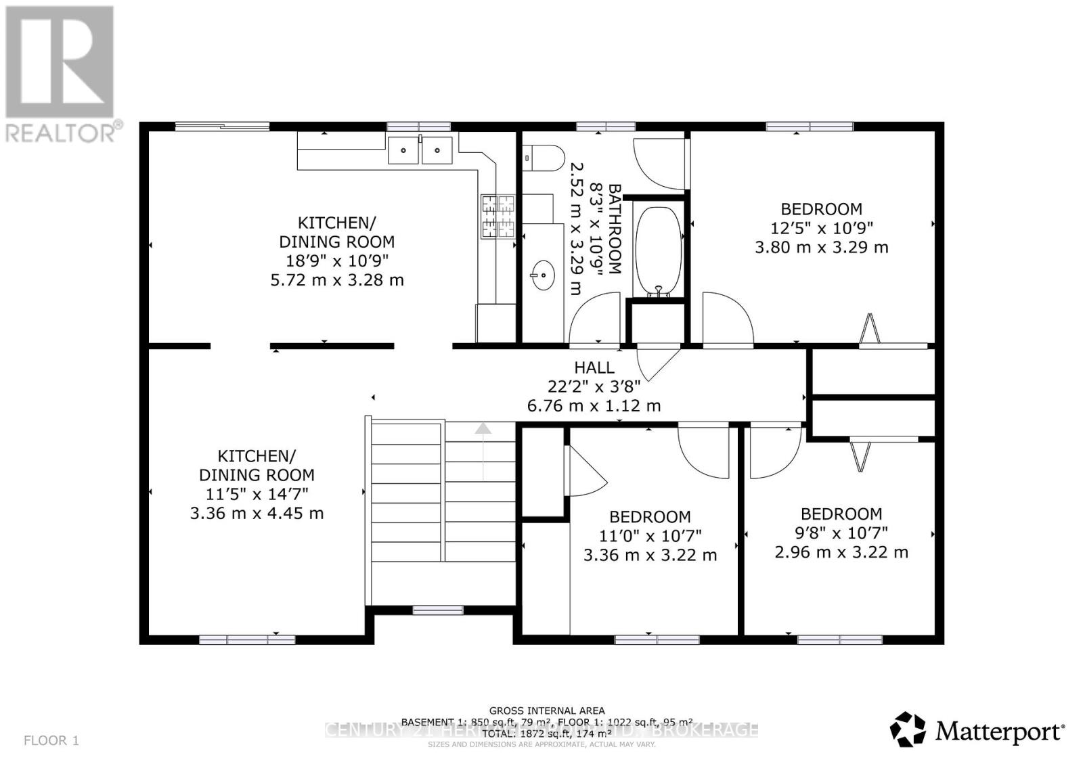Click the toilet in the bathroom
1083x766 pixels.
[545, 158]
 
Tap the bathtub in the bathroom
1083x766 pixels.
[659, 251]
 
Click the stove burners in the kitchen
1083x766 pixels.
[498, 217]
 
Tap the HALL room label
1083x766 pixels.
[594, 367]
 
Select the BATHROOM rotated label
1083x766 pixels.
[615, 228]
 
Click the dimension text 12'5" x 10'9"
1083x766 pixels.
[822, 228]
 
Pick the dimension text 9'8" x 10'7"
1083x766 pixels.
[841, 533]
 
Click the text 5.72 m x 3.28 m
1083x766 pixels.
[337, 279]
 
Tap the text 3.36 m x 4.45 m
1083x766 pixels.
[257, 513]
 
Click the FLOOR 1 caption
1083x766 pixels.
[51, 740]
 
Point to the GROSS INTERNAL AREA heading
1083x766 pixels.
[547, 711]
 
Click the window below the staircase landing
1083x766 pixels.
[438, 610]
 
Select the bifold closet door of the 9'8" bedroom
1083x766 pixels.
[860, 454]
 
